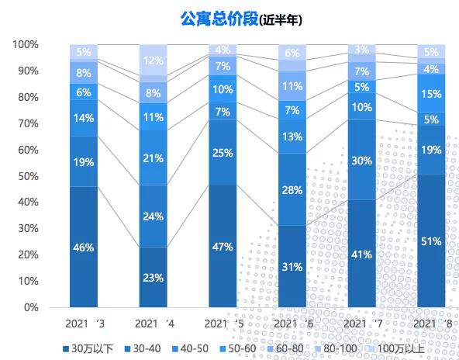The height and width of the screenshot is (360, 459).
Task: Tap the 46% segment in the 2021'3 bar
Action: click(x=84, y=247)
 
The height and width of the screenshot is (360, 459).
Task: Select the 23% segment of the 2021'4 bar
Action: click(x=153, y=277)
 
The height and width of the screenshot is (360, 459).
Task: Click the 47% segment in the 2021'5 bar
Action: click(x=223, y=246)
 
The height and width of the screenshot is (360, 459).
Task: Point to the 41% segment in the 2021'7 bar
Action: click(x=362, y=253)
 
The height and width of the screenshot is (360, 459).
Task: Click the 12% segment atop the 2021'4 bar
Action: click(x=153, y=61)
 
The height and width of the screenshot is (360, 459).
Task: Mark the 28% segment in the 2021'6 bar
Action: click(x=292, y=189)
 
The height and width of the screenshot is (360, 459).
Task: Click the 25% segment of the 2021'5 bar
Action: click(x=223, y=152)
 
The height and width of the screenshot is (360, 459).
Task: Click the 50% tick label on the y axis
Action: click(x=28, y=175)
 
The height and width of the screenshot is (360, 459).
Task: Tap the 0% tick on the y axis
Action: click(x=31, y=307)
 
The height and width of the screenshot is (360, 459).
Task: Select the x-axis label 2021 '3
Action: click(x=83, y=323)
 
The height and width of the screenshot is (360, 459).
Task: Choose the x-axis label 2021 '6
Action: click(x=292, y=323)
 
